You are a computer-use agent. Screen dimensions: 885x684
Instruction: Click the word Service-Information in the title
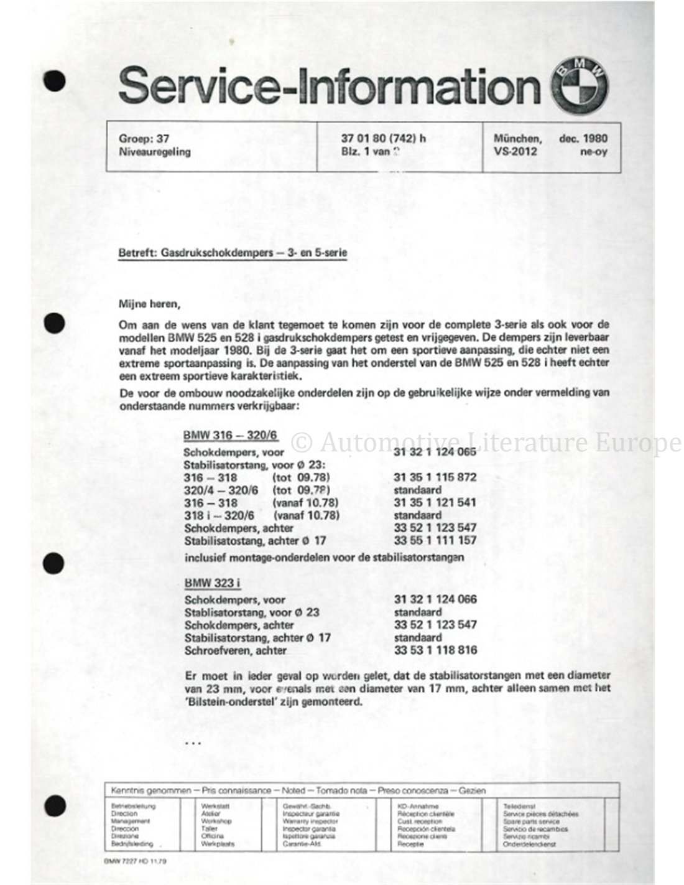tap(329, 87)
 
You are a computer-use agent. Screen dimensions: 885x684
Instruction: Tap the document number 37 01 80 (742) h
tap(379, 139)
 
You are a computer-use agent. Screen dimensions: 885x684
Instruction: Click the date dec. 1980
tap(583, 139)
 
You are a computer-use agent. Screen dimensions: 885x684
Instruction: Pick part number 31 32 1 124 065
tap(435, 452)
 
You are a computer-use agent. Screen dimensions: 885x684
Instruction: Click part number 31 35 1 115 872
tap(435, 477)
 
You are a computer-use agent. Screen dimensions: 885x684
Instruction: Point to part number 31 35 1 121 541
tap(435, 502)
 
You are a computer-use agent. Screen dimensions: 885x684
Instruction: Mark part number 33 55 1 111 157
tap(435, 540)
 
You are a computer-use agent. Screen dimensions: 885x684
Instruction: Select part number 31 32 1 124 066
tap(435, 599)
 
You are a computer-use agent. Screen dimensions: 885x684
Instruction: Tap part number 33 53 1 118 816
tap(435, 650)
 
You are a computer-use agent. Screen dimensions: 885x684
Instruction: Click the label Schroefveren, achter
tap(236, 650)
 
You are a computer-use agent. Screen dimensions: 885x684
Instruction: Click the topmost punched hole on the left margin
tap(57, 80)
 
